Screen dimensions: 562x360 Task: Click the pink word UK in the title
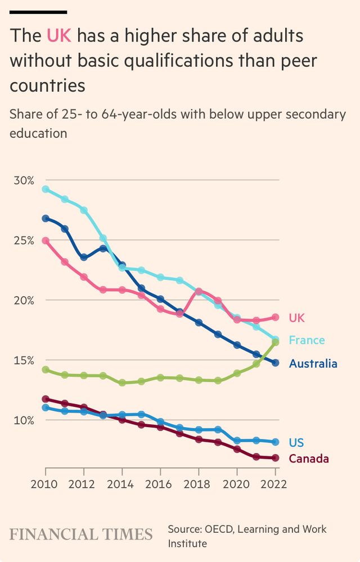pyautogui.click(x=58, y=37)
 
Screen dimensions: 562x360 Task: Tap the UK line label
pyautogui.click(x=296, y=318)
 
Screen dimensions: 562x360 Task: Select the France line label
pyautogui.click(x=307, y=340)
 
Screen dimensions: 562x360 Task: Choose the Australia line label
pyautogui.click(x=313, y=364)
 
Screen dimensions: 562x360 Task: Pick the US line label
pyautogui.click(x=296, y=442)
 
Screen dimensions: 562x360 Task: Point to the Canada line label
pyautogui.click(x=308, y=459)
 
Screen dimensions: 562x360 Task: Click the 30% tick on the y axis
pyautogui.click(x=24, y=180)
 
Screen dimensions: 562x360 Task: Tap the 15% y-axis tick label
pyautogui.click(x=24, y=360)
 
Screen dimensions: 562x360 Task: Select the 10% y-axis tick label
pyautogui.click(x=24, y=420)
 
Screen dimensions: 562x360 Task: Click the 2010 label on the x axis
pyautogui.click(x=46, y=484)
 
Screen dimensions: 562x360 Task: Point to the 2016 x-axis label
pyautogui.click(x=160, y=484)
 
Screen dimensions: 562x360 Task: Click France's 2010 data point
pyautogui.click(x=46, y=189)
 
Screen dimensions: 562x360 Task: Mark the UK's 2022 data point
pyautogui.click(x=275, y=318)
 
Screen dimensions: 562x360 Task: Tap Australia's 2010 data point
pyautogui.click(x=46, y=218)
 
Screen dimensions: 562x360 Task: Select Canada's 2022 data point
pyautogui.click(x=275, y=458)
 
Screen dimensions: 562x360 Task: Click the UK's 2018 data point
pyautogui.click(x=199, y=291)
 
